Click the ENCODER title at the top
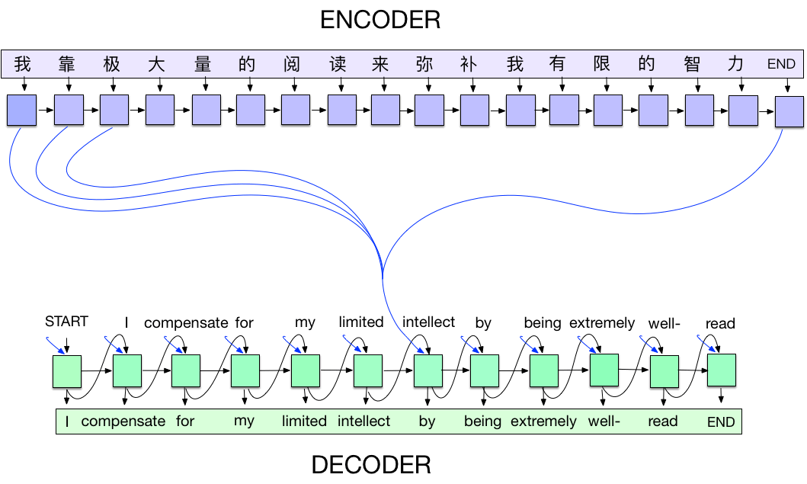click(x=380, y=19)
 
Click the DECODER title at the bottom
click(x=371, y=464)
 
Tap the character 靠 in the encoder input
click(x=67, y=64)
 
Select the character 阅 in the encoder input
click(x=292, y=64)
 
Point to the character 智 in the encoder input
click(x=692, y=64)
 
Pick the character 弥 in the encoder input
click(x=424, y=64)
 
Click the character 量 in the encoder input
click(x=202, y=64)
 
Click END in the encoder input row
click(x=781, y=65)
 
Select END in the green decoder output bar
click(x=721, y=422)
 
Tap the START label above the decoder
click(x=66, y=321)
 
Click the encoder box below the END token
click(x=789, y=113)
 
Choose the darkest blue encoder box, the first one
click(x=21, y=110)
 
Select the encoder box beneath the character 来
click(x=385, y=110)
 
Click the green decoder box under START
click(x=66, y=371)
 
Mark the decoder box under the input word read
click(x=721, y=370)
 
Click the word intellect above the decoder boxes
click(x=428, y=322)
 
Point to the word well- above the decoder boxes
click(x=664, y=323)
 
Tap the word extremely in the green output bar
click(x=543, y=421)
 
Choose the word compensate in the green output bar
click(x=123, y=421)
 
